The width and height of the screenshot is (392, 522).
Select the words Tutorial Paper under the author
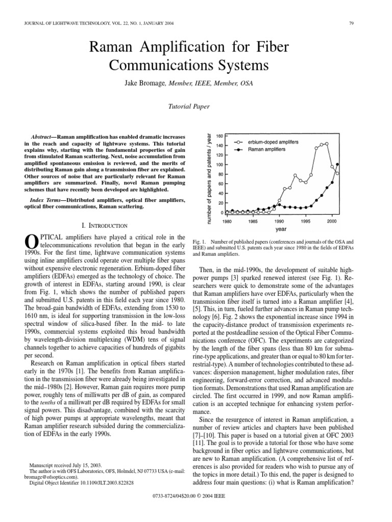tap(188, 107)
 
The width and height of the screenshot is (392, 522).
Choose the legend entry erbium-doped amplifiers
tap(273, 141)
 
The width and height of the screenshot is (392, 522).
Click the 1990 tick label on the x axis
tap(279, 222)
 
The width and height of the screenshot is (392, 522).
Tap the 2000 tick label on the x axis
tap(331, 222)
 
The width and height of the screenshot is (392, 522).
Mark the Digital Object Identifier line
tap(82, 482)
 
